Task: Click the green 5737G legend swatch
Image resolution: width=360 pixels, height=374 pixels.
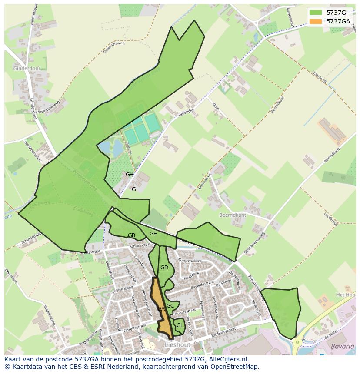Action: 316,13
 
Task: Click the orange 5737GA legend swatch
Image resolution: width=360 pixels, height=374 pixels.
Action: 316,21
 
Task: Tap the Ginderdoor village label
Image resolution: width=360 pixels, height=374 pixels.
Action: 27,69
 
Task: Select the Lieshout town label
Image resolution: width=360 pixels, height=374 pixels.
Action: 177,344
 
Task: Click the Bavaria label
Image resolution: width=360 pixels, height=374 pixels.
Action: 342,346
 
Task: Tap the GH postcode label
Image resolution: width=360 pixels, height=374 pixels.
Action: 130,175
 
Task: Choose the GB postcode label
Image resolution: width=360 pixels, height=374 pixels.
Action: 131,235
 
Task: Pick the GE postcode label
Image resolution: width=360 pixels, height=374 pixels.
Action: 153,234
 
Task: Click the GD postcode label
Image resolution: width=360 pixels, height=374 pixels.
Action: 164,268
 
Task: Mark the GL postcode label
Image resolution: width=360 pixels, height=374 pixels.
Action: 180,325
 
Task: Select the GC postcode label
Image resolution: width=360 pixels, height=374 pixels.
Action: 170,306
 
